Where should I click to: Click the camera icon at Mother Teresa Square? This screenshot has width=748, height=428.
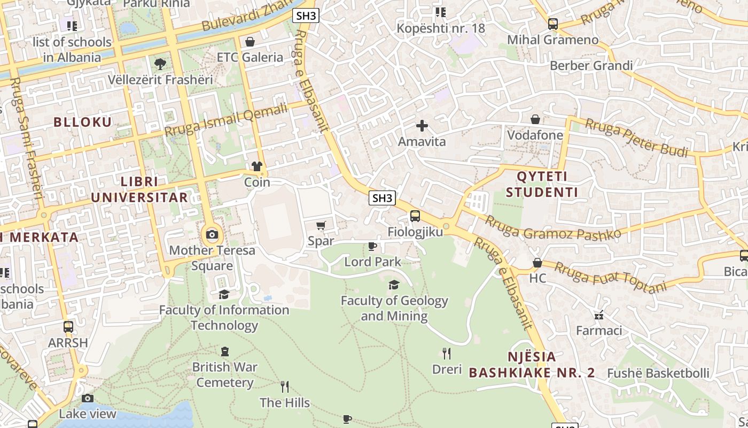(x=212, y=234)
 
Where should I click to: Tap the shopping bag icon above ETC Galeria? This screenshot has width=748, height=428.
(x=250, y=42)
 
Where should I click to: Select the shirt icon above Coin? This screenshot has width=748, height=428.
(x=257, y=166)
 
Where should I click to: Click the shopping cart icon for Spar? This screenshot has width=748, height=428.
(x=321, y=226)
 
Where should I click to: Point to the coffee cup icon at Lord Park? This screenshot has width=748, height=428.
(x=372, y=246)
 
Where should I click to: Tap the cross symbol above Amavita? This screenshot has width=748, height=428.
(x=422, y=126)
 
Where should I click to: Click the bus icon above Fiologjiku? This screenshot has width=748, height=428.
(x=415, y=216)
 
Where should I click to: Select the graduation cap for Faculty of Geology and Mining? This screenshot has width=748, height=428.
(x=394, y=285)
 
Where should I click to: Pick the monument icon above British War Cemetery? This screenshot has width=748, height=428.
(x=225, y=351)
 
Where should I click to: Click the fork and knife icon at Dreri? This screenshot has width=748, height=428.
(x=447, y=353)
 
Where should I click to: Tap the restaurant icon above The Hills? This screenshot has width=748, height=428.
(x=285, y=386)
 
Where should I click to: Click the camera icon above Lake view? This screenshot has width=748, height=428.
(x=88, y=398)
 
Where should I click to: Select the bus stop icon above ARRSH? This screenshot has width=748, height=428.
(x=68, y=327)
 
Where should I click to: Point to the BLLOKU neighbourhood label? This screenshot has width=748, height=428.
(x=83, y=122)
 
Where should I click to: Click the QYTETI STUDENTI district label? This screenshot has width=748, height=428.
(x=542, y=184)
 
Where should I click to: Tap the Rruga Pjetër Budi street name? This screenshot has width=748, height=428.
(x=636, y=138)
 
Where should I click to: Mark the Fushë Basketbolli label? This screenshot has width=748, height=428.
(x=658, y=373)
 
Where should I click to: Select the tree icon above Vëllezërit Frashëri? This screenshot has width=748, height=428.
(x=160, y=64)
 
